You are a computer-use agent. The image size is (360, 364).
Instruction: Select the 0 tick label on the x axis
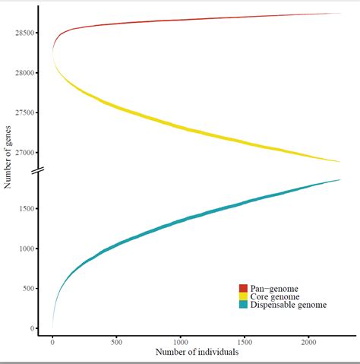tap(52, 343)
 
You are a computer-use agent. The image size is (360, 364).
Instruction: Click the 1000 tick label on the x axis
tap(180, 343)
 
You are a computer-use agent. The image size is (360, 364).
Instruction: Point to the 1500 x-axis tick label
tap(244, 343)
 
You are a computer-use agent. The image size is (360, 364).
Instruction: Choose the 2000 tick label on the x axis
tap(308, 343)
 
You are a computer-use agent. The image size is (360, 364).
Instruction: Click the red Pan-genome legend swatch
tap(243, 288)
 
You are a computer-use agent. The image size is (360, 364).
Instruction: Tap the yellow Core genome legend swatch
tap(243, 296)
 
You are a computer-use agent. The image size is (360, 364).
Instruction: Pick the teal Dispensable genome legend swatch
tap(243, 304)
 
